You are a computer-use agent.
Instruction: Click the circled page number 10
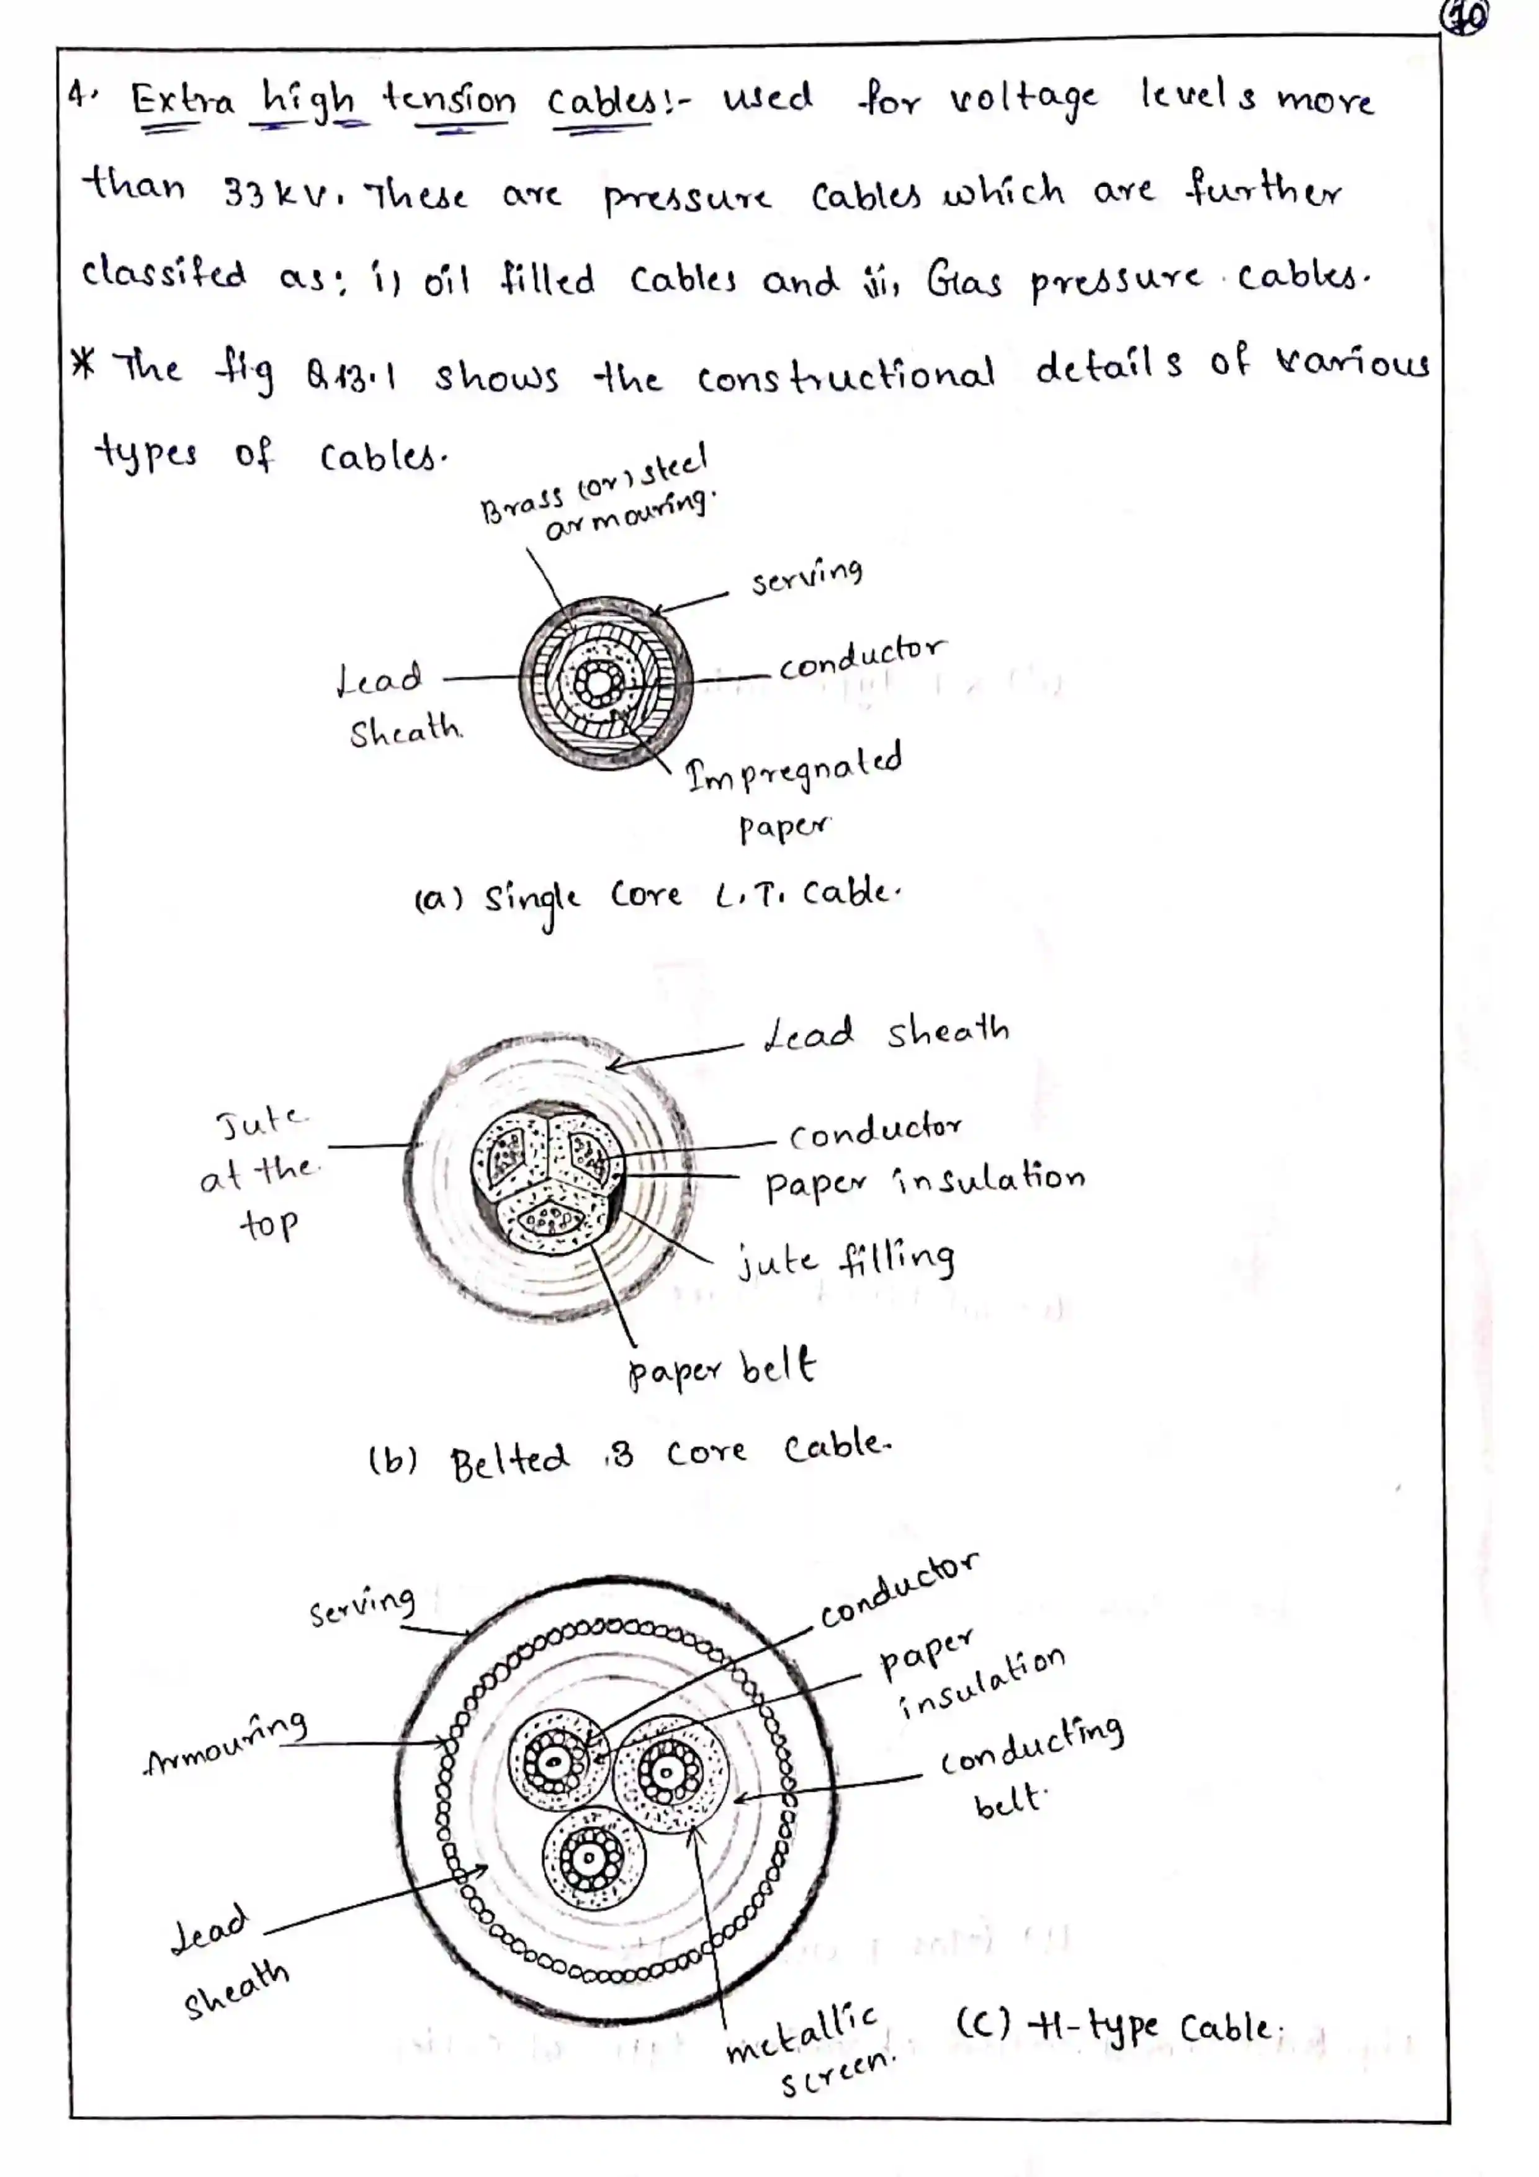point(1463,18)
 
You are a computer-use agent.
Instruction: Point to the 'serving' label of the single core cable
point(807,576)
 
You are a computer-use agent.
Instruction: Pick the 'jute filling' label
point(846,1260)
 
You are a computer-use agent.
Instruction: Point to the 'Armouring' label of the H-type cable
point(227,1746)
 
